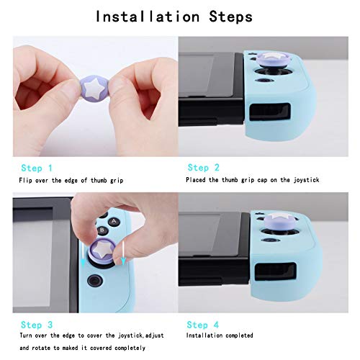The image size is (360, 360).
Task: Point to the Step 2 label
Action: [202, 167]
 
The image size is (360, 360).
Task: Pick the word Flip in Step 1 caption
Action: [27, 180]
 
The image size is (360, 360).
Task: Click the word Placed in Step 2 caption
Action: [197, 180]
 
